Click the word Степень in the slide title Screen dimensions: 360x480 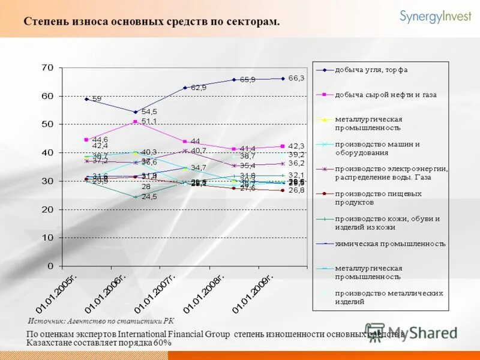(x=44, y=22)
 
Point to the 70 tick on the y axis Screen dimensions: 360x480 (x=47, y=67)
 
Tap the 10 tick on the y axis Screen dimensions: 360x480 (x=47, y=238)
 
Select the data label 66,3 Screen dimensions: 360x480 (x=296, y=78)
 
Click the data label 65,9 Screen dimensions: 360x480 (x=247, y=80)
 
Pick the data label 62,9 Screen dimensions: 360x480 (x=199, y=88)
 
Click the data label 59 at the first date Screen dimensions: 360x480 (x=96, y=98)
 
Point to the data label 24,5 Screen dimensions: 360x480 (x=149, y=197)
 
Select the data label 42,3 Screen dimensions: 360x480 (x=296, y=146)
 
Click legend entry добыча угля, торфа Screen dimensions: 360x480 (x=371, y=70)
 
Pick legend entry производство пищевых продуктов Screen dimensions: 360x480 (x=378, y=198)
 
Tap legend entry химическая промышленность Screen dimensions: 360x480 (x=390, y=244)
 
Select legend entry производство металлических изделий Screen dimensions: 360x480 (x=389, y=297)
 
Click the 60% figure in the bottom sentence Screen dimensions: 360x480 (x=162, y=343)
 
